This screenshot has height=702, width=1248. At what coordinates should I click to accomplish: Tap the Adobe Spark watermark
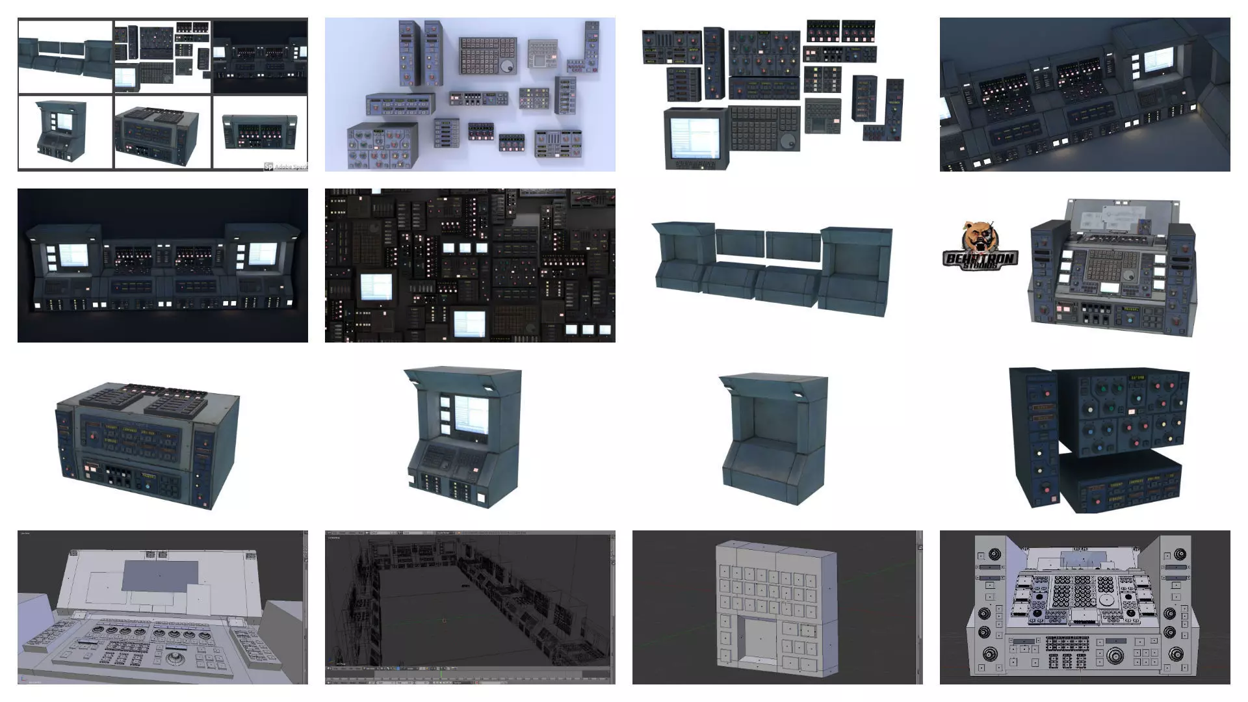coord(286,166)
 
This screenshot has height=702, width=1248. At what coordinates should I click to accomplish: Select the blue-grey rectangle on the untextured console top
coord(160,576)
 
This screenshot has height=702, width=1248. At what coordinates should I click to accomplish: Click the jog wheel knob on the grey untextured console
coord(175,658)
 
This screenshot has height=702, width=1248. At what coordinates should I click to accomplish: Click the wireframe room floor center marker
coord(445,621)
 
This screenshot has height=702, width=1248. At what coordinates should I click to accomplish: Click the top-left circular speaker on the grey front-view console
coord(994,554)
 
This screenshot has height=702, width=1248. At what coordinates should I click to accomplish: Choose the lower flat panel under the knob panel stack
coord(1119,484)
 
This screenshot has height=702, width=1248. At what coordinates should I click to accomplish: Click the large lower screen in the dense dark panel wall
coord(469,323)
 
